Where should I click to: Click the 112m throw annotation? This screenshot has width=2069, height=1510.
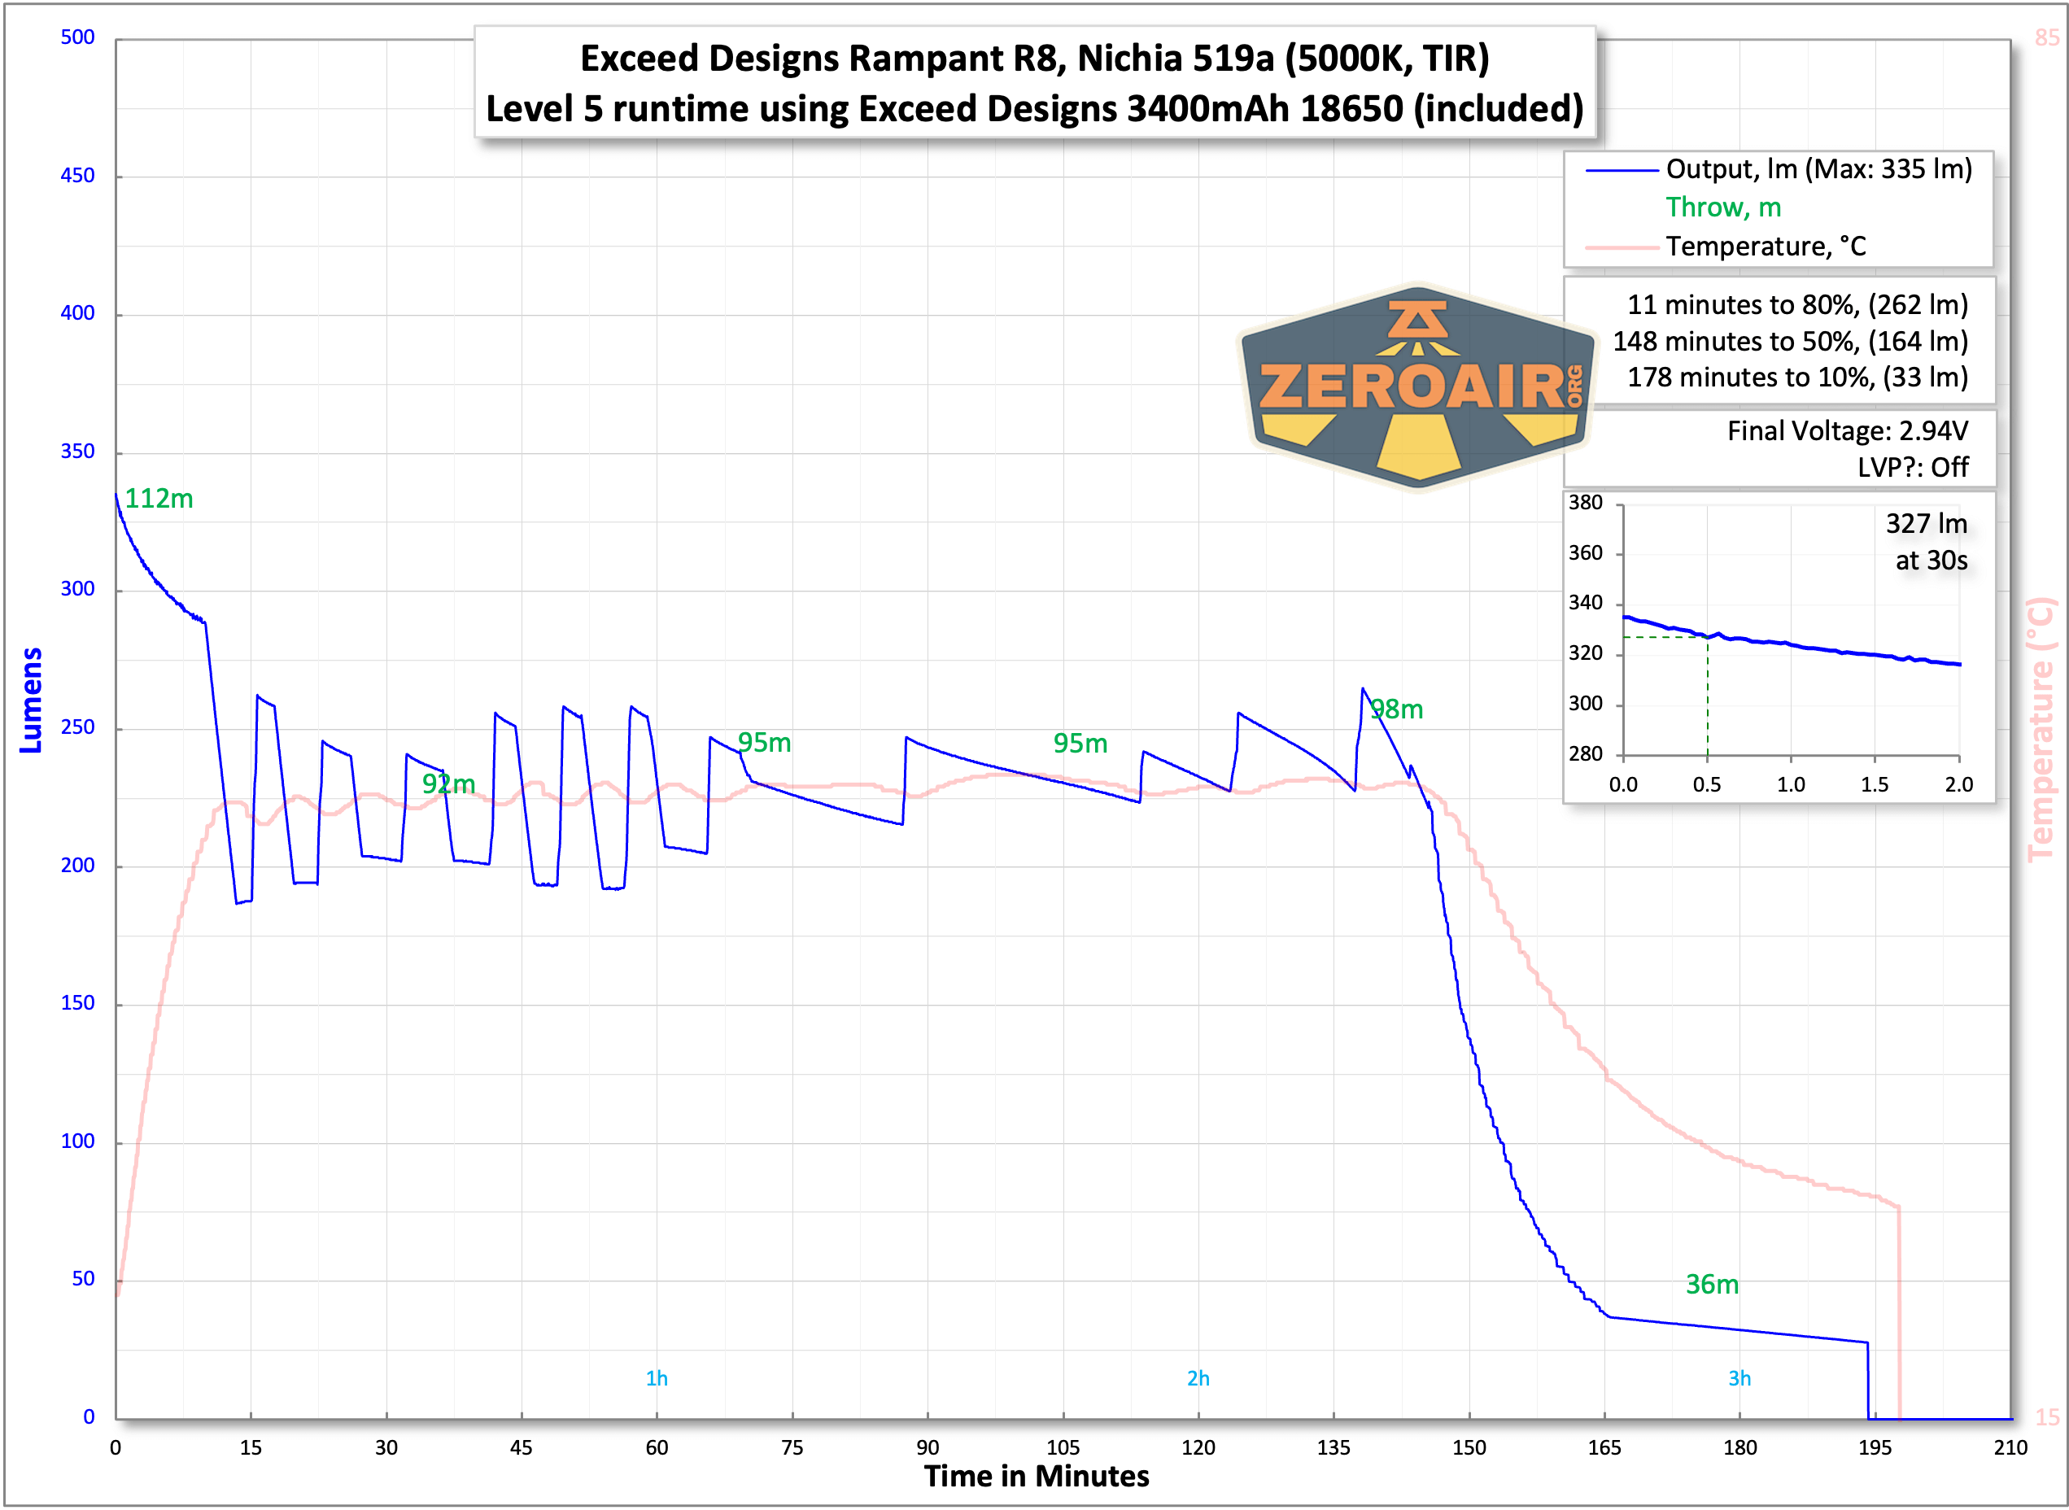159,499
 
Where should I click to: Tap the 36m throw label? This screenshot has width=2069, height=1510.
1712,1284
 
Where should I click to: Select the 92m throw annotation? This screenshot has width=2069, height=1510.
447,784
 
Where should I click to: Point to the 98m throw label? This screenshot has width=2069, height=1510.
1396,709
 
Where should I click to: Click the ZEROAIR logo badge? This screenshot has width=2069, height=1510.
1417,387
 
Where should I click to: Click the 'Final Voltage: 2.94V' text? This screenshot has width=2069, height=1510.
1847,430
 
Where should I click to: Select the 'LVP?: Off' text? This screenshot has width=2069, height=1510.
1912,467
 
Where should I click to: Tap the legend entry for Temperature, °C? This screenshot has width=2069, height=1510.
1765,247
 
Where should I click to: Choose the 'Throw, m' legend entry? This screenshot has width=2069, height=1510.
1722,207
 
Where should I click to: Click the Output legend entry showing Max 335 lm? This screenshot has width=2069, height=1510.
1818,169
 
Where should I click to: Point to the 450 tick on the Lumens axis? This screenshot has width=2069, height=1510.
77,176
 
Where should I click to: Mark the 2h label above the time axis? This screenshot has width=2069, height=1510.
1198,1378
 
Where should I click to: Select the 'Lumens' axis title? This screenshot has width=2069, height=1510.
31,701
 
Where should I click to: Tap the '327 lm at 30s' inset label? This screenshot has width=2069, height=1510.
1927,542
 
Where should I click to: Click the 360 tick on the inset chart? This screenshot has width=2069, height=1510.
1586,553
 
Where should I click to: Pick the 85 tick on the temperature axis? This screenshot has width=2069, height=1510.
2047,37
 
